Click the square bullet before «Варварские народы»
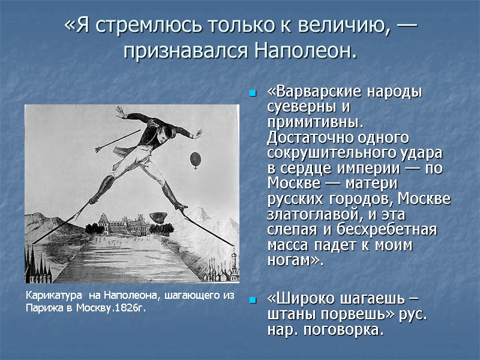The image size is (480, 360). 253,94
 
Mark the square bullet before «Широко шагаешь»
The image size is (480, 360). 253,300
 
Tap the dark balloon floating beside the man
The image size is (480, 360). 194,160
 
